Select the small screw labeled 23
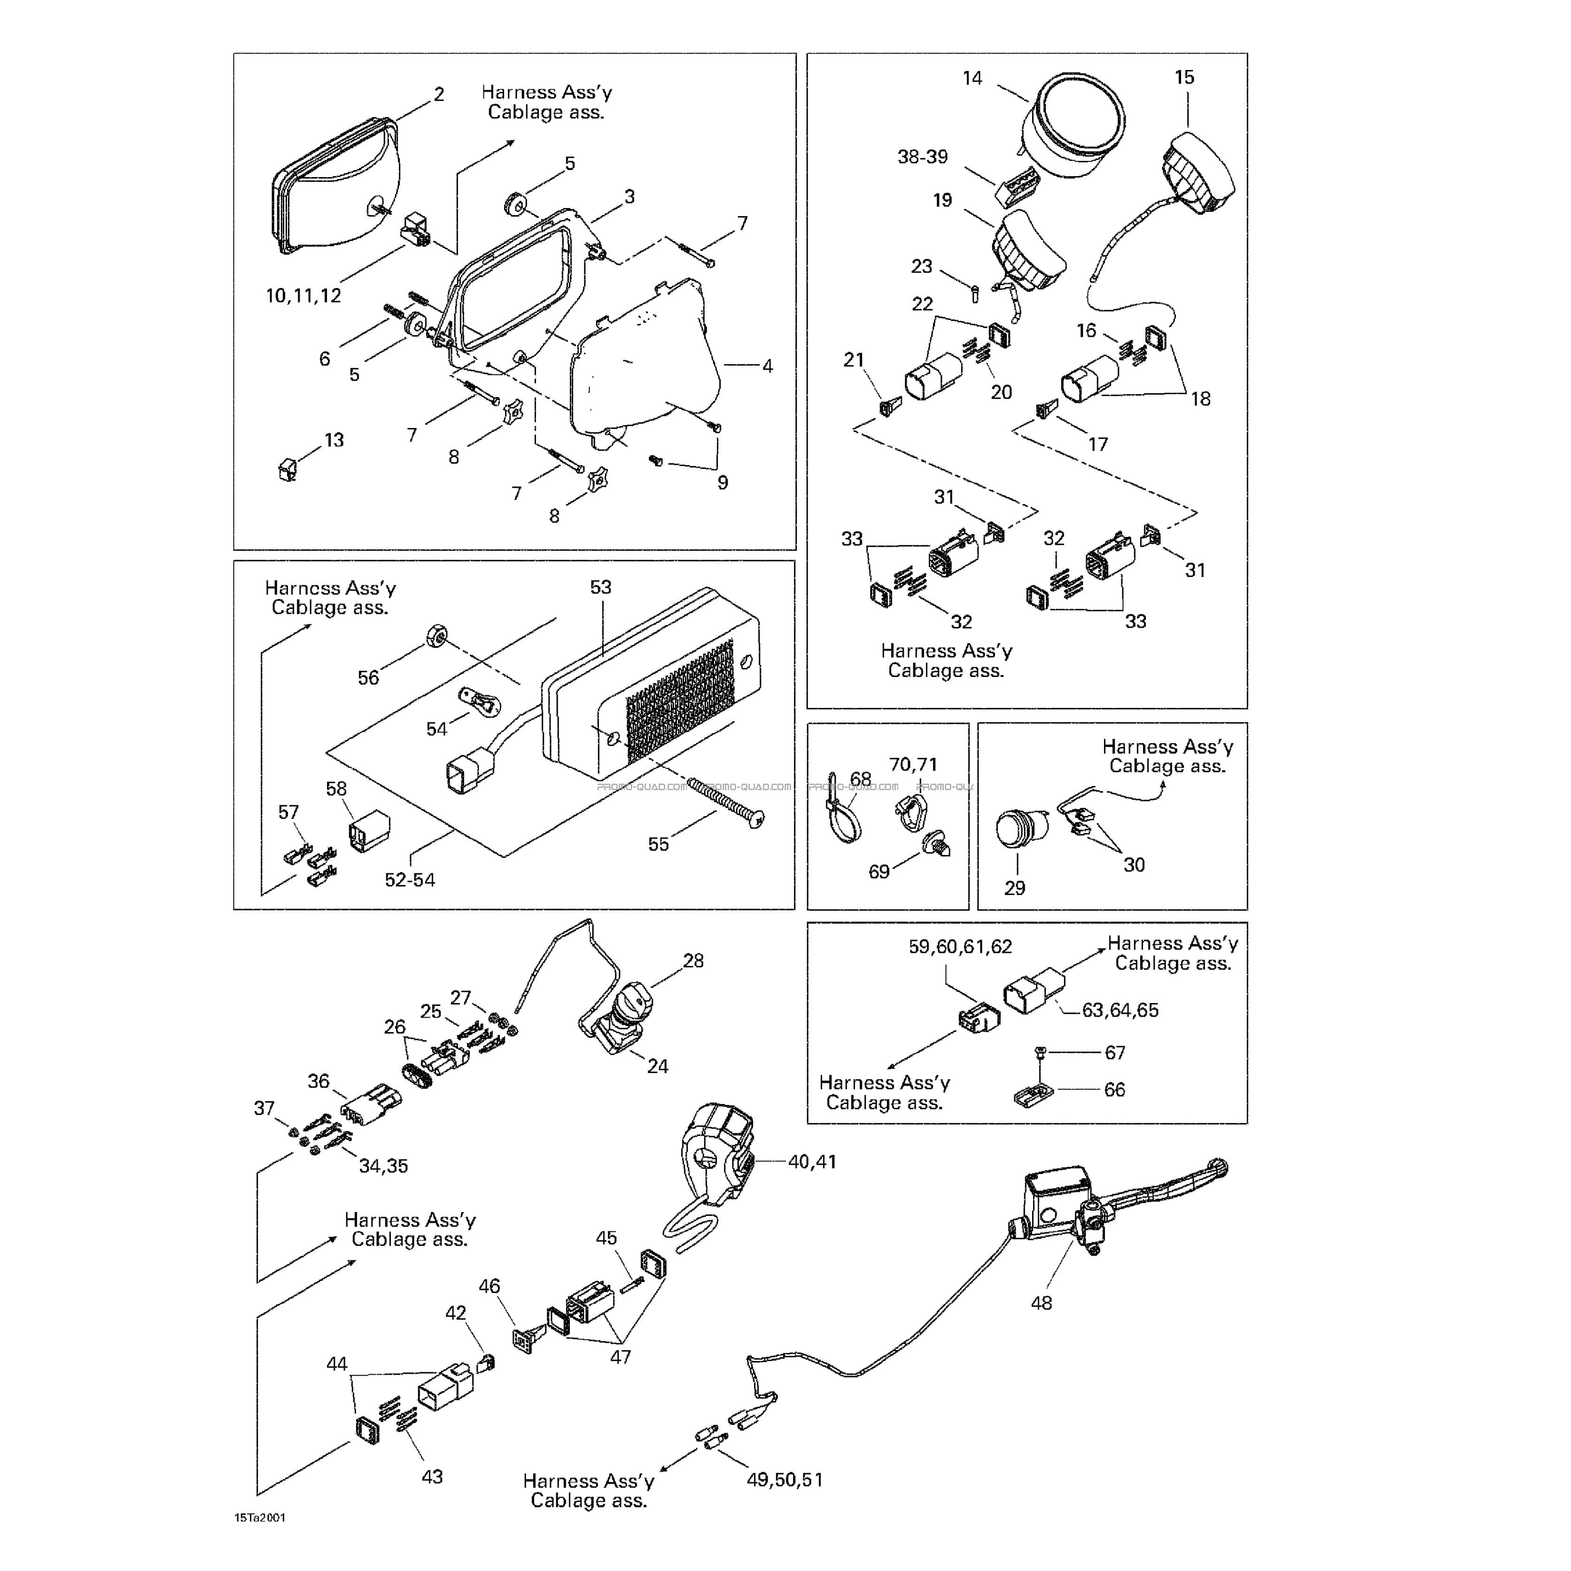pos(975,290)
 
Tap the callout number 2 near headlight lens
pos(439,94)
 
